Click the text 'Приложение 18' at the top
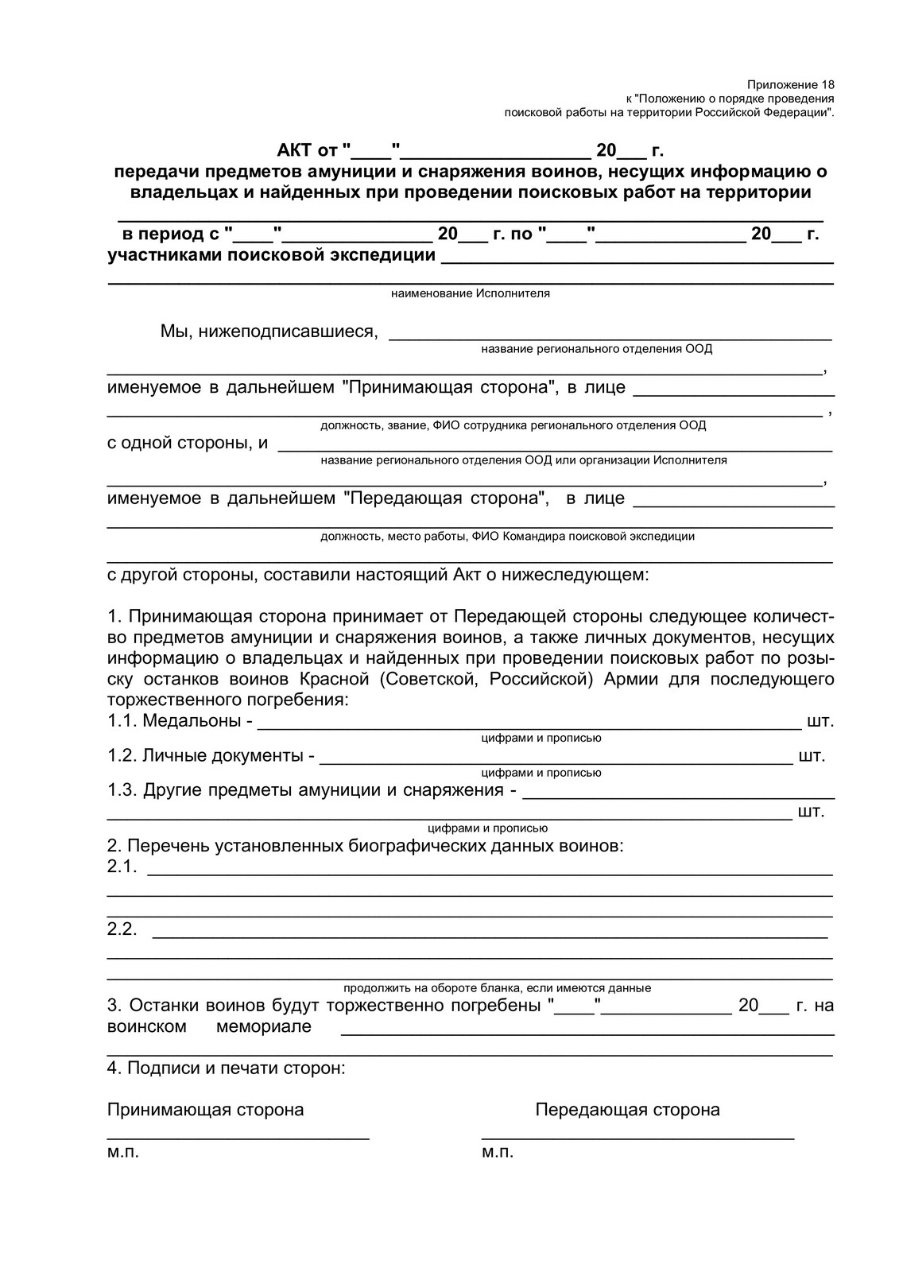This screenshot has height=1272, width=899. pos(791,84)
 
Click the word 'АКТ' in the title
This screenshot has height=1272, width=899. pos(295,150)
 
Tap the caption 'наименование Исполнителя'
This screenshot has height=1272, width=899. pos(470,293)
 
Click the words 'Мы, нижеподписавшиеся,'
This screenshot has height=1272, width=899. pos(269,332)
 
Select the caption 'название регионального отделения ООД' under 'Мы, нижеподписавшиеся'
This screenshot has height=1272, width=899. pos(597,349)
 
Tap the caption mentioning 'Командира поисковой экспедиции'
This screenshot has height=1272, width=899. pos(507,536)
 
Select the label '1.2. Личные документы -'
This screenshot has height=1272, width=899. pos(211,755)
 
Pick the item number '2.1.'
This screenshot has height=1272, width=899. pos(123,867)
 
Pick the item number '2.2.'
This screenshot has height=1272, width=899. pos(123,929)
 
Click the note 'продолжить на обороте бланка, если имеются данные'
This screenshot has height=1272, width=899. pos(497,988)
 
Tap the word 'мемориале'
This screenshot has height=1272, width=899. pos(263,1026)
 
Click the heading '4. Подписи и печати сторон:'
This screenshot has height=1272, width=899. pos(227,1068)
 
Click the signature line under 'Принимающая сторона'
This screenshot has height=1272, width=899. pos(238,1138)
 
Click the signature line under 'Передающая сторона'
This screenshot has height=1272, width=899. pos(637,1138)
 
